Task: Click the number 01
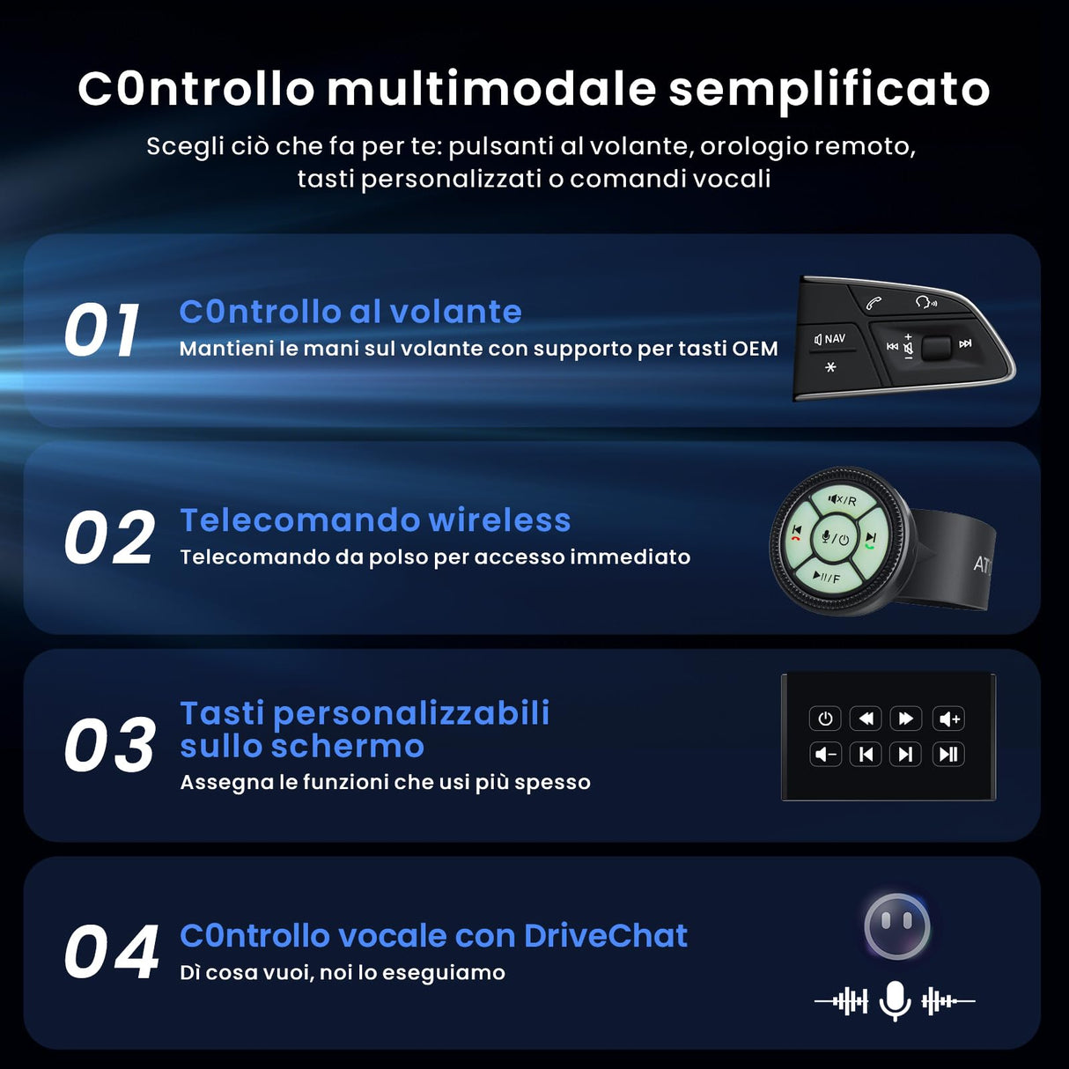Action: pyautogui.click(x=102, y=331)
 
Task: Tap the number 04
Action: pyautogui.click(x=111, y=953)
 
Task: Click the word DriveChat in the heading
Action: pyautogui.click(x=605, y=935)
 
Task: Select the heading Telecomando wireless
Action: pyautogui.click(x=375, y=520)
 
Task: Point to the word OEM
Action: pyautogui.click(x=755, y=349)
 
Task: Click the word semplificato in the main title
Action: pyautogui.click(x=829, y=89)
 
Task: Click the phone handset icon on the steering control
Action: pyautogui.click(x=873, y=303)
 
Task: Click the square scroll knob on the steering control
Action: pyautogui.click(x=935, y=347)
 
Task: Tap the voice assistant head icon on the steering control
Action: pyautogui.click(x=925, y=302)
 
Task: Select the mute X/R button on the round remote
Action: pyautogui.click(x=842, y=500)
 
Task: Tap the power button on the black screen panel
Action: pyautogui.click(x=825, y=719)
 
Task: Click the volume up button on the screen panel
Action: pyautogui.click(x=948, y=719)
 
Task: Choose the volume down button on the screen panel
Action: pyautogui.click(x=825, y=754)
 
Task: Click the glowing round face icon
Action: pyautogui.click(x=896, y=926)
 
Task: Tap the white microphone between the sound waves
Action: pyautogui.click(x=895, y=1000)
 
